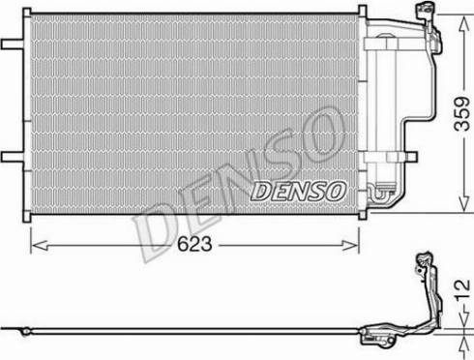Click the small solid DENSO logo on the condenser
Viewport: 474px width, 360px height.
tap(296, 191)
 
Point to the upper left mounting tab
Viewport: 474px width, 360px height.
tap(13, 44)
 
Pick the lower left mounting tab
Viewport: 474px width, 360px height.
tap(13, 156)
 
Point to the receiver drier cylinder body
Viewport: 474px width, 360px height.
tap(384, 106)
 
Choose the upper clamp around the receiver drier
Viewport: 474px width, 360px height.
tap(384, 42)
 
